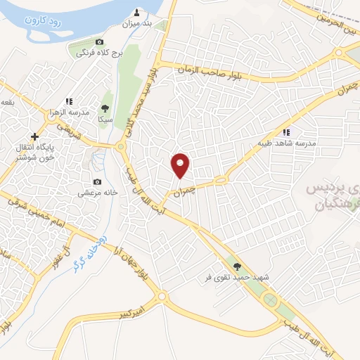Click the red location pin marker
click(x=181, y=165)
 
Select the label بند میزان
click(x=137, y=25)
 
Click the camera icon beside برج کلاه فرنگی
click(x=98, y=43)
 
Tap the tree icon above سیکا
click(x=105, y=108)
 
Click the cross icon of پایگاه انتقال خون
click(x=34, y=136)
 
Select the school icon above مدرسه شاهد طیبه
click(x=285, y=131)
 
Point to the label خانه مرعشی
click(x=98, y=193)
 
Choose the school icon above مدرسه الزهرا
click(x=69, y=102)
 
